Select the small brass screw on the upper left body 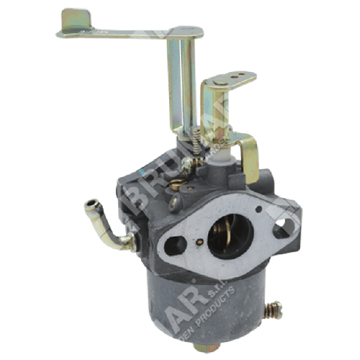coord(176,185)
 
